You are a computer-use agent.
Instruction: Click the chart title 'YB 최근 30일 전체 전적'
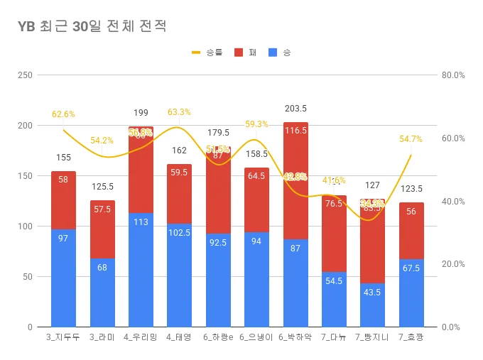(92, 26)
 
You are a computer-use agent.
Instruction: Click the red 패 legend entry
(244, 53)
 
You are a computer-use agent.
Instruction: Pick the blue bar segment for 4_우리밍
(141, 271)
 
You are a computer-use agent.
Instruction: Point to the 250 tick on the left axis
(26, 75)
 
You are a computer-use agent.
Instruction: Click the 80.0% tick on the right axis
(452, 75)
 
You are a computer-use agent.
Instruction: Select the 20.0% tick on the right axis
(452, 264)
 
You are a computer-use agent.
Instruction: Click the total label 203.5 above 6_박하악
(295, 109)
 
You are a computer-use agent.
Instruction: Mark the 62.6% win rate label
(63, 114)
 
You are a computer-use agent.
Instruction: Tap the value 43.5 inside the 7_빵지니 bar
(372, 292)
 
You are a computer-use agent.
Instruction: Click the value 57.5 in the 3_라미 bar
(102, 209)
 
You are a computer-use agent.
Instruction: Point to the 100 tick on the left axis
(26, 227)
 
